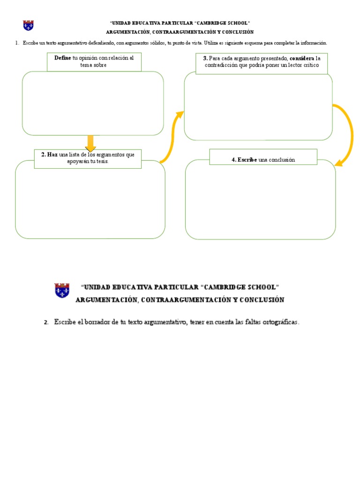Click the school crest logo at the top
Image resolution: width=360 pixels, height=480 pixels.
coord(28,25)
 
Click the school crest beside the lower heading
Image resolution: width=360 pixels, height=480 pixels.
coord(62,291)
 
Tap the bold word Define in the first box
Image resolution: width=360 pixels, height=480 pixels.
coord(63,58)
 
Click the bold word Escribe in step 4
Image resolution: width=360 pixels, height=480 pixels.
coord(247,160)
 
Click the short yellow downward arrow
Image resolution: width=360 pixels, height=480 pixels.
coord(90,143)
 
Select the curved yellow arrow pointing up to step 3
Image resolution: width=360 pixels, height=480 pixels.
coord(172,136)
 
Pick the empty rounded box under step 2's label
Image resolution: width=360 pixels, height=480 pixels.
coord(90,202)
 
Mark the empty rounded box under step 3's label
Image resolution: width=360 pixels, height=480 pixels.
coord(258,108)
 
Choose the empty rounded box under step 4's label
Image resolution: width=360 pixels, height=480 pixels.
coord(260,202)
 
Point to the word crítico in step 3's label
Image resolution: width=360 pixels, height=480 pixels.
coord(311,65)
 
